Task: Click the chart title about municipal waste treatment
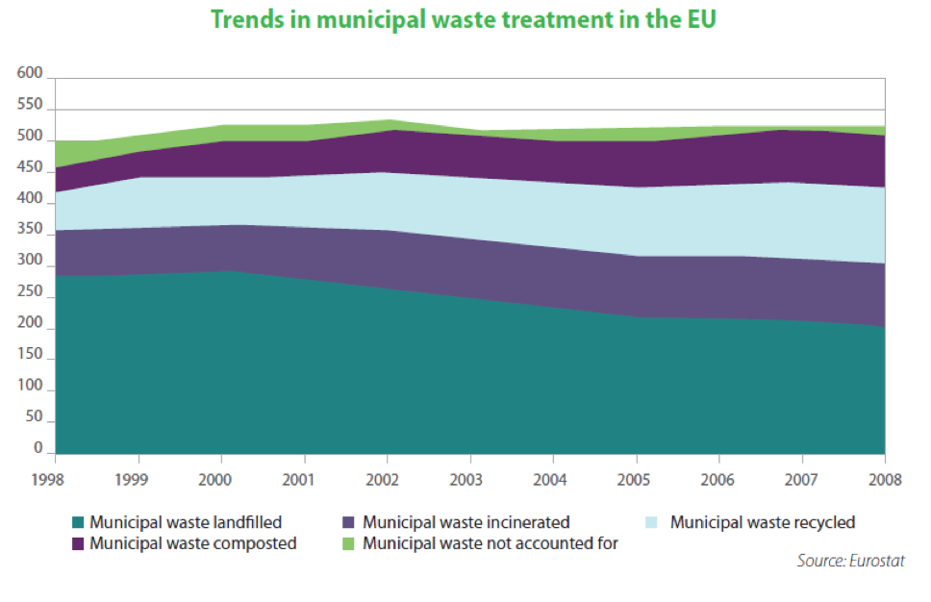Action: coord(464,19)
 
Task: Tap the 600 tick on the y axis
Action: coord(31,73)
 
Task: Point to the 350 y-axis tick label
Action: coord(31,230)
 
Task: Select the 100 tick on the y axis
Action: coord(31,387)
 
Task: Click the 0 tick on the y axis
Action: coord(38,448)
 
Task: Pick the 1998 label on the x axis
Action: coord(55,479)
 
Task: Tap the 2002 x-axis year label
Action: coord(387,479)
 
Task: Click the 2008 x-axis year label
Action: coord(884,479)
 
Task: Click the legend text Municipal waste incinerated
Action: coord(466,523)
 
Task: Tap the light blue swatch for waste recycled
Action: coord(653,523)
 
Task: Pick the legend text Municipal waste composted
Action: coord(192,543)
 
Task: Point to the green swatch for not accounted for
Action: coord(351,543)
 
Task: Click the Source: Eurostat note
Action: coord(850,561)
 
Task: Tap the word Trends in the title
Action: coord(243,19)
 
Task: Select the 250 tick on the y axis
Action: coord(31,292)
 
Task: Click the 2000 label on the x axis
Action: coord(220,479)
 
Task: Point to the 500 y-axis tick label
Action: coord(31,137)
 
